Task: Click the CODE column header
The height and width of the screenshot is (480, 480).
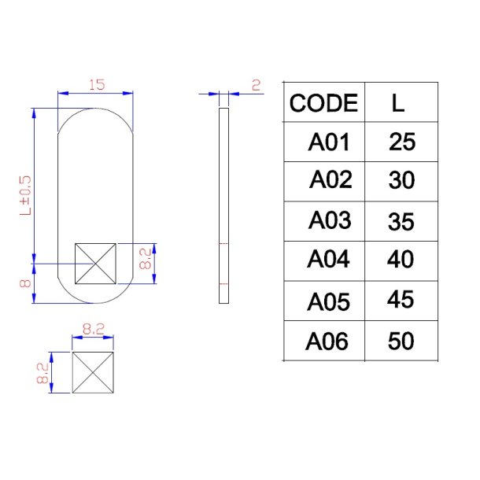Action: pos(323,103)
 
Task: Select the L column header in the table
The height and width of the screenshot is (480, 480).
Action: pos(399,103)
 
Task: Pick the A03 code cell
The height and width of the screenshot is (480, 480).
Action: pos(329,220)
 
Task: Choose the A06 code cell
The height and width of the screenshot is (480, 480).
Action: pos(327,342)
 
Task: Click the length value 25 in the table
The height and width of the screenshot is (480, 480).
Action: pos(401,142)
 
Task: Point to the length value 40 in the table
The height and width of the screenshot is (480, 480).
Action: pos(401,259)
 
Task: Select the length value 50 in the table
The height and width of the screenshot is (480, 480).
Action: pos(401,342)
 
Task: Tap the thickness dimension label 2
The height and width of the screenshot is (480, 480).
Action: pos(256,84)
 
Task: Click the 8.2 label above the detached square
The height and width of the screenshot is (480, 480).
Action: pos(94,330)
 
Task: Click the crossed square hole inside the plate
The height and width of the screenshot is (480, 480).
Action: pos(94,263)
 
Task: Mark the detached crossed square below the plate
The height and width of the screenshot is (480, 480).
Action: pos(94,372)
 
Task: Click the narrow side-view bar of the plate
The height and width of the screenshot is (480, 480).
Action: pos(223,206)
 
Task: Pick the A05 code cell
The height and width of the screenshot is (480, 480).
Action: pos(327,302)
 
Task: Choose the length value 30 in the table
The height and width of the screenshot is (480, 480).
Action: pos(401,181)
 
